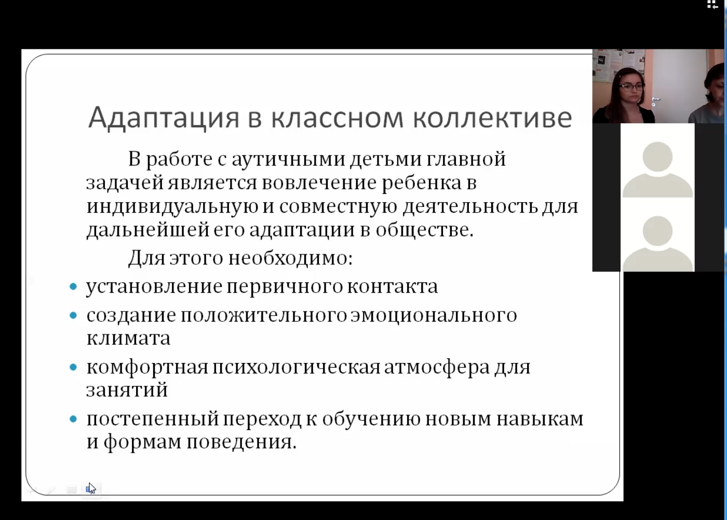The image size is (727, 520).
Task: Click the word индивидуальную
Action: (172, 207)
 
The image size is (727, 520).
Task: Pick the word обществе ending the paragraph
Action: (425, 229)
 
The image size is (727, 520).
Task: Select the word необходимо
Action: (290, 258)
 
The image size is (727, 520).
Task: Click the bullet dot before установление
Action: (73, 287)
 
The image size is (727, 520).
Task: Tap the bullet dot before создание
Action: (73, 315)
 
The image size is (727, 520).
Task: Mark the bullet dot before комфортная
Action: (73, 367)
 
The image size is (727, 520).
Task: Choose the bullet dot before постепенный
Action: (73, 419)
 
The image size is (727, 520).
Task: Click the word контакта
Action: (393, 287)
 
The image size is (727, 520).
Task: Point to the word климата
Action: (129, 339)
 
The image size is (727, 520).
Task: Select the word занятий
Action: (127, 389)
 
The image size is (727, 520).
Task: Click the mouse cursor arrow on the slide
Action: (91, 488)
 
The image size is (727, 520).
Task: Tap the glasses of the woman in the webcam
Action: (631, 87)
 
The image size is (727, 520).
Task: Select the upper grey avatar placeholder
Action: (657, 170)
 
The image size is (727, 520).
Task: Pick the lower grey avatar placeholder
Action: (657, 243)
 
